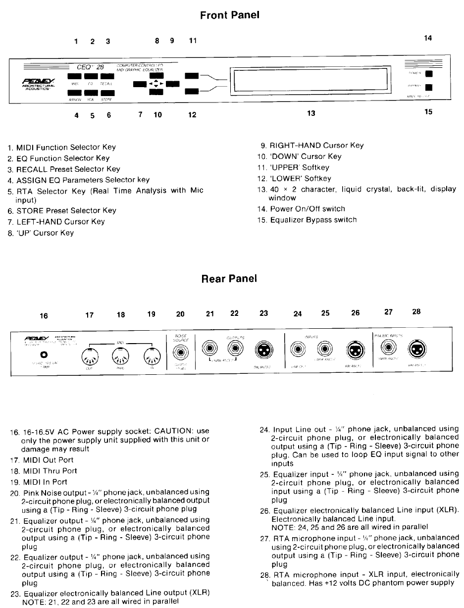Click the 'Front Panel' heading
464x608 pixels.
(230, 15)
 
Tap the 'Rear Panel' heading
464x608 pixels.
(229, 278)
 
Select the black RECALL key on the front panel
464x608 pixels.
(107, 76)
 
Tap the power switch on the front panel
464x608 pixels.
(429, 74)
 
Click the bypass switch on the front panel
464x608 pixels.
(429, 88)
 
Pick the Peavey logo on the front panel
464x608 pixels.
(39, 81)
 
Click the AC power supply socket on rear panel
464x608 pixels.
(44, 355)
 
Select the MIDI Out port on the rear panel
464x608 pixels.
(90, 355)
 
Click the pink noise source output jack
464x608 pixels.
(180, 352)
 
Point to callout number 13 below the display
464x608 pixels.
(311, 113)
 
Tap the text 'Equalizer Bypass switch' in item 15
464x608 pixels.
(313, 220)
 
